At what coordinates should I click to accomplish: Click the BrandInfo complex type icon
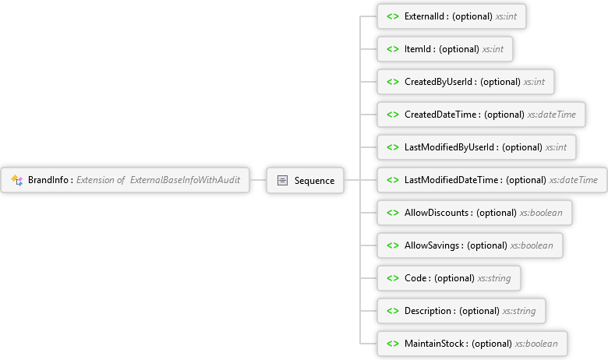[16, 180]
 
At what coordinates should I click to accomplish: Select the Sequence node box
[305, 180]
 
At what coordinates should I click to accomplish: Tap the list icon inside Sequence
[282, 180]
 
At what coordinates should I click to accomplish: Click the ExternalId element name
[424, 16]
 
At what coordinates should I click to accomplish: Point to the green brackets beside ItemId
[393, 49]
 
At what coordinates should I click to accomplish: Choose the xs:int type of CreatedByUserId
[534, 82]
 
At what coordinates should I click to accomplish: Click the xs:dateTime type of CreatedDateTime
[551, 115]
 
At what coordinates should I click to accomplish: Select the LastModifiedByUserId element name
[450, 147]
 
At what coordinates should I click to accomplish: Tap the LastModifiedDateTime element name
[451, 180]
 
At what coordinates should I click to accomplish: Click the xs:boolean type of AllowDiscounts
[541, 213]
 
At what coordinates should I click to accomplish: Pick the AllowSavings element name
[432, 245]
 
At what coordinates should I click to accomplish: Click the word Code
[415, 278]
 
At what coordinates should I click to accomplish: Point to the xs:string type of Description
[519, 311]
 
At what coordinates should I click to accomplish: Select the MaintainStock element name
[434, 344]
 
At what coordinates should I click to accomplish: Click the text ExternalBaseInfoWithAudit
[185, 180]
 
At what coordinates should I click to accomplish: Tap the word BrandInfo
[48, 180]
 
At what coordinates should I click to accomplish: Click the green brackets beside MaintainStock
[393, 344]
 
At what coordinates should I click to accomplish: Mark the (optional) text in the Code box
[454, 278]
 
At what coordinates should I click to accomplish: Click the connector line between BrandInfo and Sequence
[258, 180]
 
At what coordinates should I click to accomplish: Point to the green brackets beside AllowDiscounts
[393, 213]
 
